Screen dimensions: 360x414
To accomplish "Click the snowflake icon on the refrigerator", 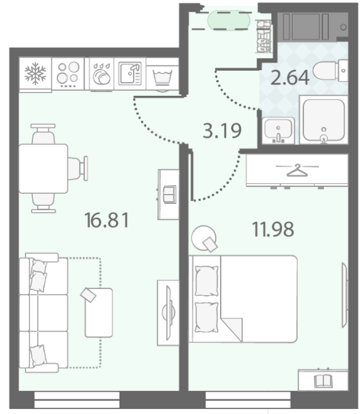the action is click(x=35, y=73).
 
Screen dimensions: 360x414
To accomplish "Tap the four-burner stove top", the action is click(x=68, y=74).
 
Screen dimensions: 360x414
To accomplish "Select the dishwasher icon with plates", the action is click(x=101, y=74).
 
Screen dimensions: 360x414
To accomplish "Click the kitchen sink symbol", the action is click(x=130, y=73).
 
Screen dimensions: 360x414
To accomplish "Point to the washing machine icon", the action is click(x=162, y=77).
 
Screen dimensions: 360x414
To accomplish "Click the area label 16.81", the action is click(x=106, y=220).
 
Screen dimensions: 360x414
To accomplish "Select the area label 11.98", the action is click(x=273, y=229).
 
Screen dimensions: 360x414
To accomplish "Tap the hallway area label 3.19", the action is click(x=222, y=131).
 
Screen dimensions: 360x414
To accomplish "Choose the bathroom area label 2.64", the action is click(x=290, y=78).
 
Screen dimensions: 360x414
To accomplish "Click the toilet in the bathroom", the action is click(x=330, y=71).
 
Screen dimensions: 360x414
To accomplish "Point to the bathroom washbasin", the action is click(x=278, y=131).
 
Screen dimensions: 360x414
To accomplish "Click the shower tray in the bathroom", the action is click(x=323, y=120).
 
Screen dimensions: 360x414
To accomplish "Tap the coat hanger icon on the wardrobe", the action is click(x=297, y=170).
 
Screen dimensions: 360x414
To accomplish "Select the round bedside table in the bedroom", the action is click(x=203, y=237).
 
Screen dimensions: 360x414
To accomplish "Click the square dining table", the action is click(x=44, y=168).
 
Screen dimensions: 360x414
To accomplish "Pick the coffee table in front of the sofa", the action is click(x=99, y=313).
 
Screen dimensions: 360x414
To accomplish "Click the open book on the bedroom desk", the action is click(x=322, y=381).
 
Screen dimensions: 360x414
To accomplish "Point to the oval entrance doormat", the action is click(x=229, y=20).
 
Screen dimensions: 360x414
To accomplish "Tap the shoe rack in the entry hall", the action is click(x=264, y=36).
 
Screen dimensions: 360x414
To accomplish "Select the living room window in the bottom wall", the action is click(x=77, y=400).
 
